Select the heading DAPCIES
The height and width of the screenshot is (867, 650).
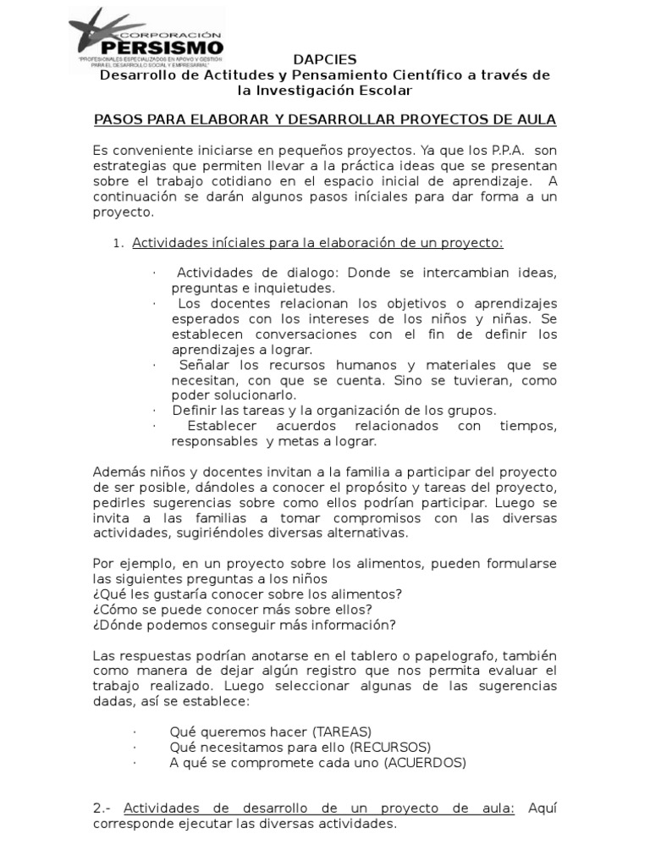click(324, 59)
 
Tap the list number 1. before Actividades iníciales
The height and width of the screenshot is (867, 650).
click(118, 244)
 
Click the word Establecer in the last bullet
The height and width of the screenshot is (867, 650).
click(223, 426)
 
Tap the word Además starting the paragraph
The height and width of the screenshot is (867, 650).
click(118, 472)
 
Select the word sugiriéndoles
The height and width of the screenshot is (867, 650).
click(228, 533)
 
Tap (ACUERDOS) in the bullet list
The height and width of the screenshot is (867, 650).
click(425, 762)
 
